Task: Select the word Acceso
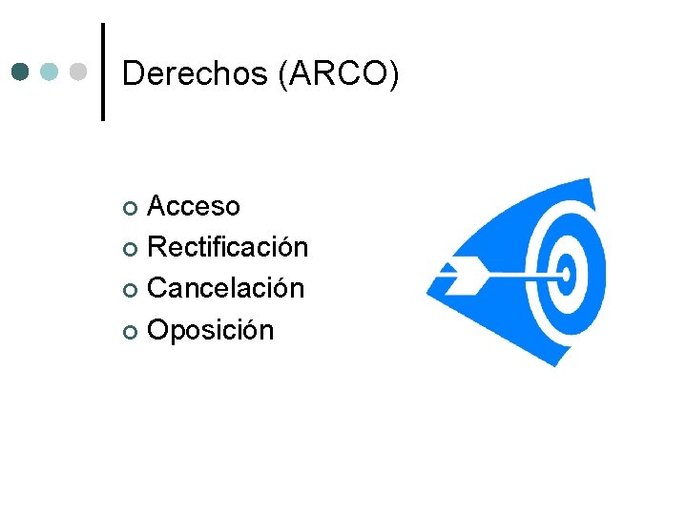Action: pyautogui.click(x=194, y=206)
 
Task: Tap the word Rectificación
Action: pyautogui.click(x=228, y=247)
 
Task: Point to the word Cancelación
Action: pyautogui.click(x=226, y=288)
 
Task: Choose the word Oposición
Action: pyautogui.click(x=211, y=330)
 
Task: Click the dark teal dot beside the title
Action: pyautogui.click(x=22, y=72)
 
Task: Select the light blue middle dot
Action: pyautogui.click(x=50, y=72)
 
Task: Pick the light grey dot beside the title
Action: pyautogui.click(x=78, y=72)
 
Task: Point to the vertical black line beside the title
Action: pyautogui.click(x=103, y=72)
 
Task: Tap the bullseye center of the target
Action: pyautogui.click(x=567, y=275)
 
